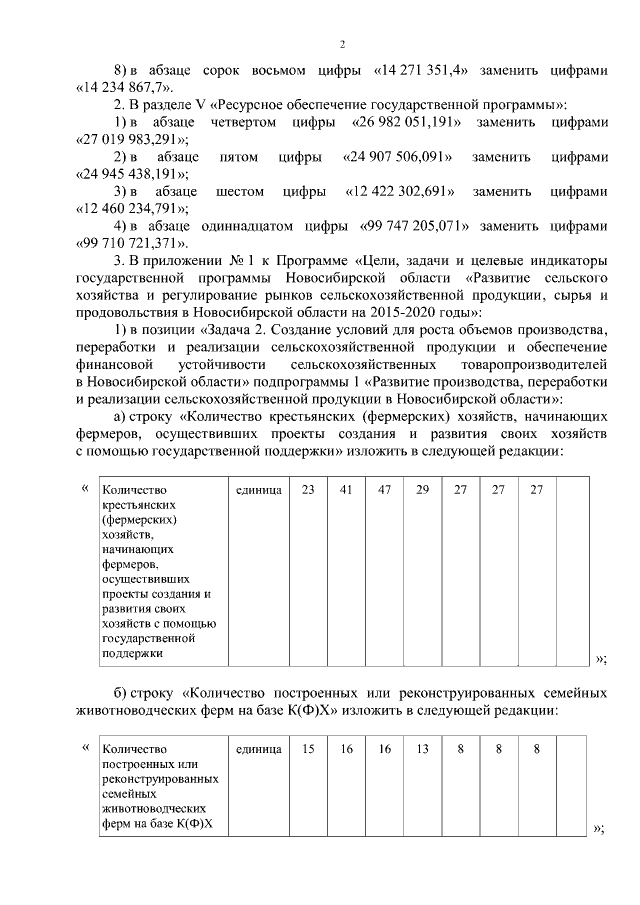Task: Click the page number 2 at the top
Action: point(342,44)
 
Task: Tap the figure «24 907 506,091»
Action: point(399,157)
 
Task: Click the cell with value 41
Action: point(346,490)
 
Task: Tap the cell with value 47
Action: point(384,490)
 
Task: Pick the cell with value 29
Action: point(422,490)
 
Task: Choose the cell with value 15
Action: point(308,748)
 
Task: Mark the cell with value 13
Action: point(422,748)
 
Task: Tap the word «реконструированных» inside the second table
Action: point(160,778)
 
